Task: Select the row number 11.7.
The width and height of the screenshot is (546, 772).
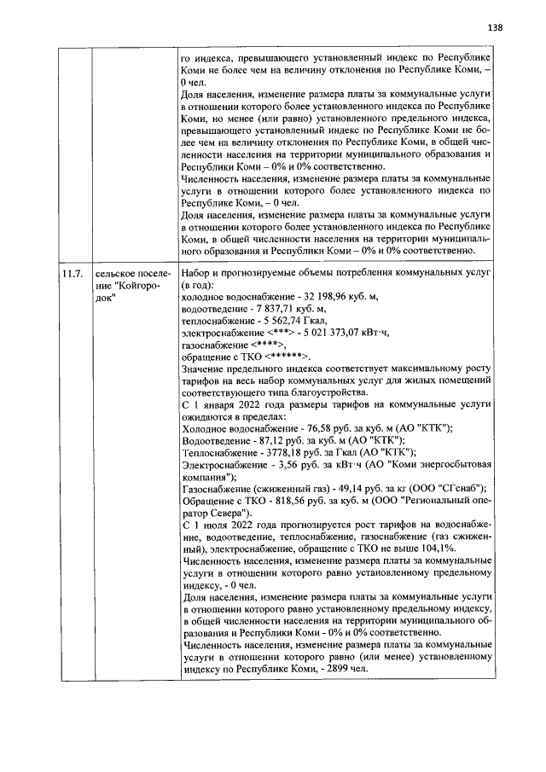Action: (x=70, y=274)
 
